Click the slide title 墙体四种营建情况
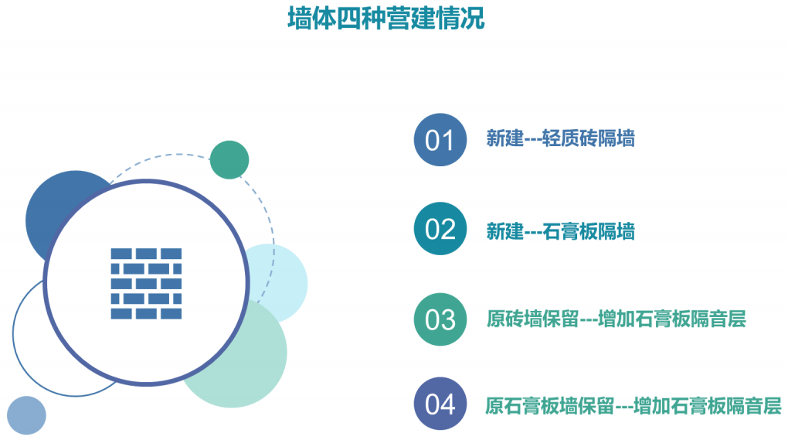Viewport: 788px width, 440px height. (386, 19)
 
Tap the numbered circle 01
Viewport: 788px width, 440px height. (440, 140)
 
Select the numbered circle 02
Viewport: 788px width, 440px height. (440, 229)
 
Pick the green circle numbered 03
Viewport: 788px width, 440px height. (440, 319)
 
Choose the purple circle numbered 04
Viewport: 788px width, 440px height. (440, 404)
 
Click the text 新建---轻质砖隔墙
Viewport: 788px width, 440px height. (560, 138)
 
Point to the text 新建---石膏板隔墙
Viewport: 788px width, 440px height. (560, 231)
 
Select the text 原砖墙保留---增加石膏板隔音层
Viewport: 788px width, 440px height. (616, 319)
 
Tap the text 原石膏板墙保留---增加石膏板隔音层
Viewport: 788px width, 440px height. (633, 406)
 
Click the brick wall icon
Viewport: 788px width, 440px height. (146, 284)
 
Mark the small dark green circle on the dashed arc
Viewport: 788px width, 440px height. (229, 160)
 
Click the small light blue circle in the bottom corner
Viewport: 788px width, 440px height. (26, 415)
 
